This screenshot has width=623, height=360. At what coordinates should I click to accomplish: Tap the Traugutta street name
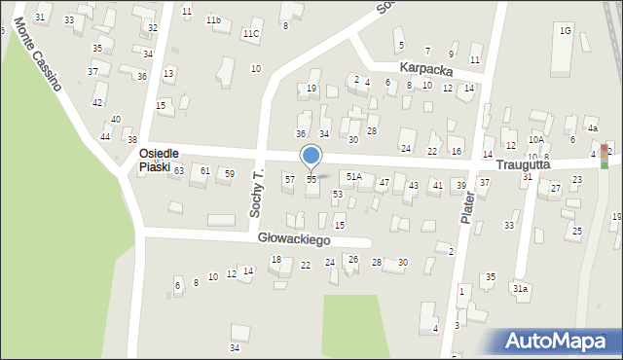(x=526, y=165)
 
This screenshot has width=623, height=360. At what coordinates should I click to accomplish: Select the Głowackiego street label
(x=294, y=238)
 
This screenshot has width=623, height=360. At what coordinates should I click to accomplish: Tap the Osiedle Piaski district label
(x=155, y=161)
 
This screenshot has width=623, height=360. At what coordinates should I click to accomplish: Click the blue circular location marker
(x=311, y=156)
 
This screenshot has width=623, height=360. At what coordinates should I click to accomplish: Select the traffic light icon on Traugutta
(x=605, y=156)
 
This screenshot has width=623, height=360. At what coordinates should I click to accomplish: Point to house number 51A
(x=354, y=177)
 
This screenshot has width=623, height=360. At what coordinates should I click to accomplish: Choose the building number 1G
(x=565, y=31)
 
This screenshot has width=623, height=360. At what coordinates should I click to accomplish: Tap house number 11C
(x=251, y=34)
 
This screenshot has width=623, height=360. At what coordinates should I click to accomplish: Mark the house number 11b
(x=213, y=19)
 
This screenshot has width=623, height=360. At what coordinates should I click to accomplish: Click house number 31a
(x=521, y=289)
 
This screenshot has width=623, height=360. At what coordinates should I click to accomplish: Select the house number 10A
(x=536, y=140)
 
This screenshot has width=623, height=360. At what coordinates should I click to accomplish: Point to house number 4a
(x=592, y=127)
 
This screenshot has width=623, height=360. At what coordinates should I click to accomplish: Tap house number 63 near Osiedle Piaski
(x=179, y=171)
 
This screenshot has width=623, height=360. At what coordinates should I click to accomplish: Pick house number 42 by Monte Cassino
(x=97, y=102)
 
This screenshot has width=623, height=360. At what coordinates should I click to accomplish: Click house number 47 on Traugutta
(x=385, y=182)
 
